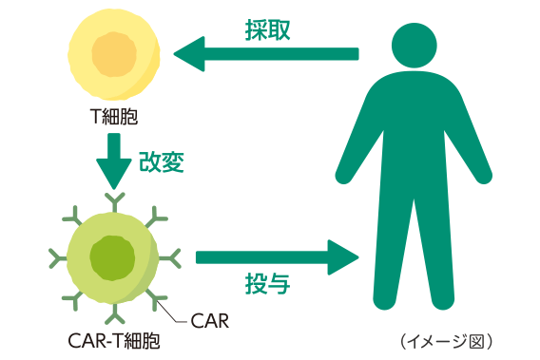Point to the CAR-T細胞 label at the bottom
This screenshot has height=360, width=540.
pyautogui.click(x=113, y=339)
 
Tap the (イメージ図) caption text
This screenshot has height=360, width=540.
pyautogui.click(x=447, y=339)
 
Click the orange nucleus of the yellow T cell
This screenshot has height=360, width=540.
pyautogui.click(x=114, y=54)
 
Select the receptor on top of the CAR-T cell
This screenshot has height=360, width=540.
pyautogui.click(x=113, y=200)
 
